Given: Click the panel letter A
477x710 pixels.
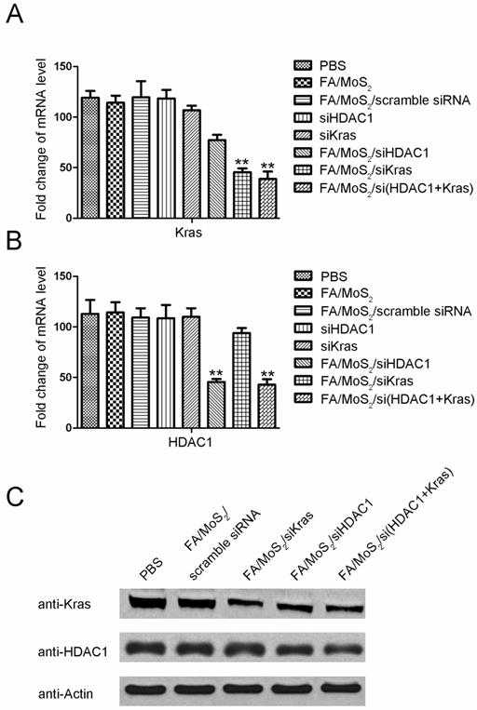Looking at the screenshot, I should (x=16, y=19).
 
